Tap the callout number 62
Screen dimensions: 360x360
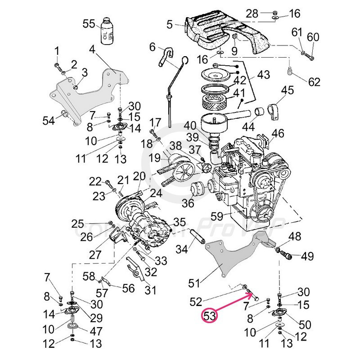[x=314, y=82]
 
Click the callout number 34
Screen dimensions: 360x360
[x=181, y=249]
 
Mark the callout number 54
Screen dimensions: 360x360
[x=48, y=121]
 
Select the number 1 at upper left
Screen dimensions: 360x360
[x=57, y=49]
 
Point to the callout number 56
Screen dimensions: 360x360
[x=128, y=289]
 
